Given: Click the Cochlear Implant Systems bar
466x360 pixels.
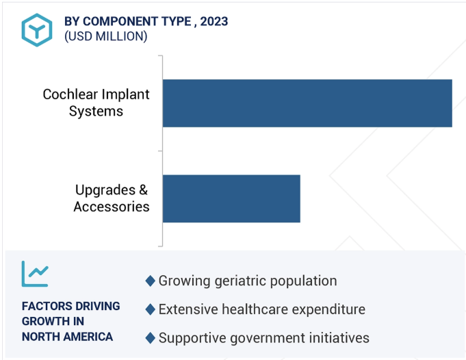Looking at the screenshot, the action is tap(307, 103).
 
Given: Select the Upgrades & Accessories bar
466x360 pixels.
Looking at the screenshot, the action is tap(231, 198).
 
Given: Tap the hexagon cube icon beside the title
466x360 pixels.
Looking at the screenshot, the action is tap(37, 30).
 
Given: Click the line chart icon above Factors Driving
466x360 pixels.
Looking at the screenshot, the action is tap(35, 274).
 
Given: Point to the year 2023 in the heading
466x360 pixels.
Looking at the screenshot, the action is tap(214, 21).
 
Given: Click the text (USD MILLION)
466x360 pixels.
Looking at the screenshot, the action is tap(106, 36).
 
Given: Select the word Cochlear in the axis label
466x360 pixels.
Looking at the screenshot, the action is tap(70, 94).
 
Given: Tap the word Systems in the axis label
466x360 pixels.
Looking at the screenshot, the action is tap(96, 111).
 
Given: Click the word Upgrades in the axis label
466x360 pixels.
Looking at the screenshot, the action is tap(105, 190).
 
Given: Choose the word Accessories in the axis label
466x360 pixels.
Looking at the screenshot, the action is tap(112, 207).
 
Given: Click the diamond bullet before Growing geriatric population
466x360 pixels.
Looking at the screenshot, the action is tap(151, 281).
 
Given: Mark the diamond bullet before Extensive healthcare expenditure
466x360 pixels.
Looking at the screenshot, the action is tap(151, 309).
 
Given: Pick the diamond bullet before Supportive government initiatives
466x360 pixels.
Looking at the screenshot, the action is tap(151, 338).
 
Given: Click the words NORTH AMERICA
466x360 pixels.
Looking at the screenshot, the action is tap(67, 337).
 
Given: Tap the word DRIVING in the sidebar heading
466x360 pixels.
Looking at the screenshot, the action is tap(97, 306).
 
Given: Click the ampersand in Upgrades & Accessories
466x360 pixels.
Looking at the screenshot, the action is tap(143, 190).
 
